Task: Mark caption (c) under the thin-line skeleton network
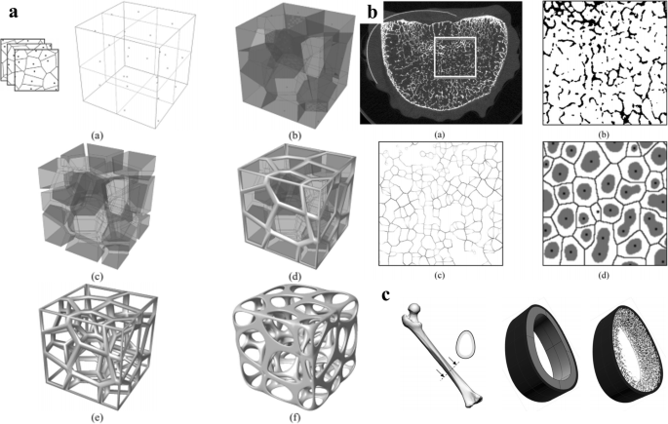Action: click(x=441, y=275)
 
